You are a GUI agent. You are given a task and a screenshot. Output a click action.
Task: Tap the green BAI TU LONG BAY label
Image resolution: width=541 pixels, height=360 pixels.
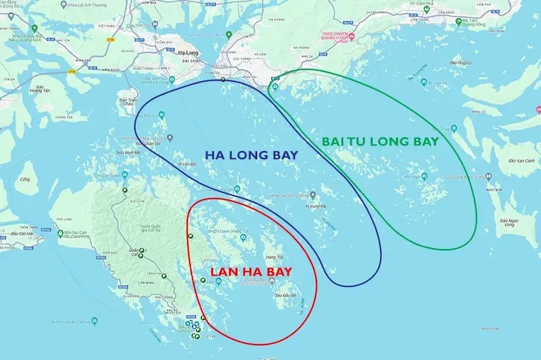[380, 141]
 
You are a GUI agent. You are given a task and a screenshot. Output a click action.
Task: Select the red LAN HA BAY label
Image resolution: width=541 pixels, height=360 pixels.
[250, 272]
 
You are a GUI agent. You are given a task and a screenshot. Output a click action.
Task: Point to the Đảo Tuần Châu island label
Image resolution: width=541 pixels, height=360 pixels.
[126, 100]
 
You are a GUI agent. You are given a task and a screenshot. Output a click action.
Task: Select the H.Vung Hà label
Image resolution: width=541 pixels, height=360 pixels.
[316, 206]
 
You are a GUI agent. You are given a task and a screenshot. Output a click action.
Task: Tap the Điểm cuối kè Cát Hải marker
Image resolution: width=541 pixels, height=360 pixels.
[60, 234]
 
